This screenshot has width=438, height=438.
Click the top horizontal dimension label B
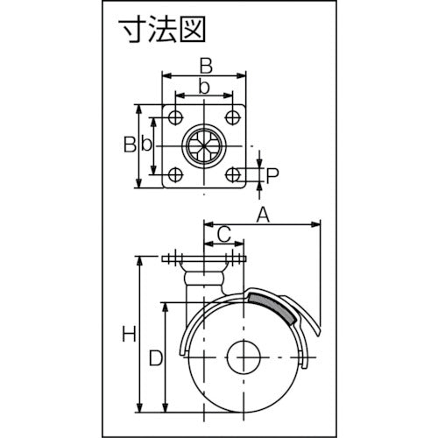pos(206,66)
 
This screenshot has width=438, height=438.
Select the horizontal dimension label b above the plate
pos(204,87)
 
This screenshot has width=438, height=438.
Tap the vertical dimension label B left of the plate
pos(130,144)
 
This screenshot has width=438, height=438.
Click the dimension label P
pos(272,175)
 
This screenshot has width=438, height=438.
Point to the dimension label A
pos(263,215)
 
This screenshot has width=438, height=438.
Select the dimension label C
pos(224,235)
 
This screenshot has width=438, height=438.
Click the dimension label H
pos(129,334)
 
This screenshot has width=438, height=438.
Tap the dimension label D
pos(156,358)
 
